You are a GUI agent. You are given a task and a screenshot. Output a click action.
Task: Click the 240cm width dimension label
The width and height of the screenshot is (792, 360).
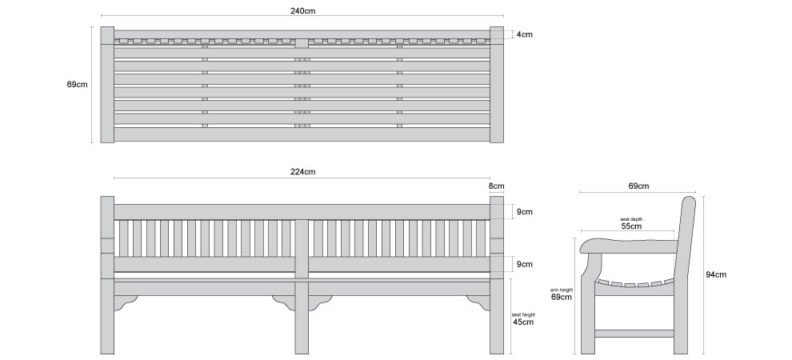click(303, 10)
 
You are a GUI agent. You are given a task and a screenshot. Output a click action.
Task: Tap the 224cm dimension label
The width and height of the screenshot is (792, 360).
click(303, 172)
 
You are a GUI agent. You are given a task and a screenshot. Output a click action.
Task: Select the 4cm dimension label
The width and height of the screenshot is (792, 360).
click(524, 35)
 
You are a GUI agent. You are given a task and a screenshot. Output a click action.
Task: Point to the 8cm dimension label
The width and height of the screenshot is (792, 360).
click(496, 186)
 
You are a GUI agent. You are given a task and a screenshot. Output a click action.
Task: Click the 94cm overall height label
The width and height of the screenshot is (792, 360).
click(716, 274)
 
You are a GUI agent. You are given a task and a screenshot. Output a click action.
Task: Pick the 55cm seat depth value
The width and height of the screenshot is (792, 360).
click(631, 226)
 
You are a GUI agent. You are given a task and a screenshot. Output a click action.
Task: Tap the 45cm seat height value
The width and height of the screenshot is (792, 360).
click(522, 322)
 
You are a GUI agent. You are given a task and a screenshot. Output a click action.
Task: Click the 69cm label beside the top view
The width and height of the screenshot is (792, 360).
click(78, 85)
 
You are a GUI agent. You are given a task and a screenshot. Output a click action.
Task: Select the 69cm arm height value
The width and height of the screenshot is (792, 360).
click(561, 298)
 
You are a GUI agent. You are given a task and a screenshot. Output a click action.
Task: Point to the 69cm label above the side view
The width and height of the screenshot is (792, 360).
click(639, 186)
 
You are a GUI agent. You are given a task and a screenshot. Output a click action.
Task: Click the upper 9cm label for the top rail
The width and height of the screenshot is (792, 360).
click(524, 212)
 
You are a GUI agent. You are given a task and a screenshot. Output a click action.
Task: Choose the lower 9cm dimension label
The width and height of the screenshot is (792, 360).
click(524, 265)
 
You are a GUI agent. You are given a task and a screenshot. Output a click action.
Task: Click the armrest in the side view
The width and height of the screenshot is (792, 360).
click(629, 246)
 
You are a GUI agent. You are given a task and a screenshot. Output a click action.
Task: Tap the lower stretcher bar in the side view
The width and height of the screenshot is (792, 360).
click(634, 334)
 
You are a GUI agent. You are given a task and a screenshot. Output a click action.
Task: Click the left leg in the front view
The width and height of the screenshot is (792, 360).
click(107, 275)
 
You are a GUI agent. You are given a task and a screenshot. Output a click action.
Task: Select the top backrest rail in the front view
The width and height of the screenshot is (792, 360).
click(302, 212)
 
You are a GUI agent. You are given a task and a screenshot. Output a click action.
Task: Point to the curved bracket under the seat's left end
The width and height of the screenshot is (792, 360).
click(126, 302)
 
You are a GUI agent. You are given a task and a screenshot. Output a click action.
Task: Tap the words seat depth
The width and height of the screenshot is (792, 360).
click(631, 219)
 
